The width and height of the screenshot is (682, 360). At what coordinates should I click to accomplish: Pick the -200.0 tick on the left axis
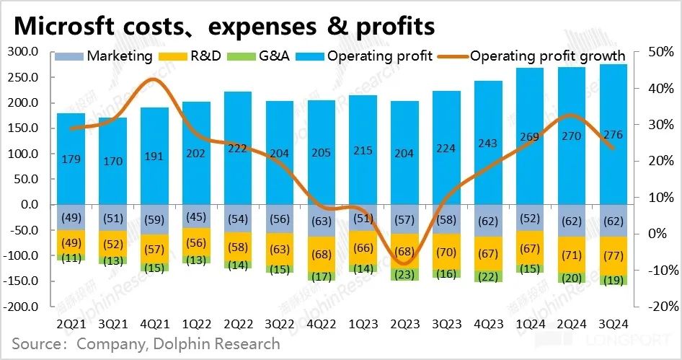coord(24,307)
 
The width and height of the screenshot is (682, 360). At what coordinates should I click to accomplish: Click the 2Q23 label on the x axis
coord(404,324)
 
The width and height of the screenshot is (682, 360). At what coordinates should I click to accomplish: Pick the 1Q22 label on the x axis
coord(195,324)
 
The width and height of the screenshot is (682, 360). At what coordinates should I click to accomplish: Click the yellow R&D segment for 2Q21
coord(71,242)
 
